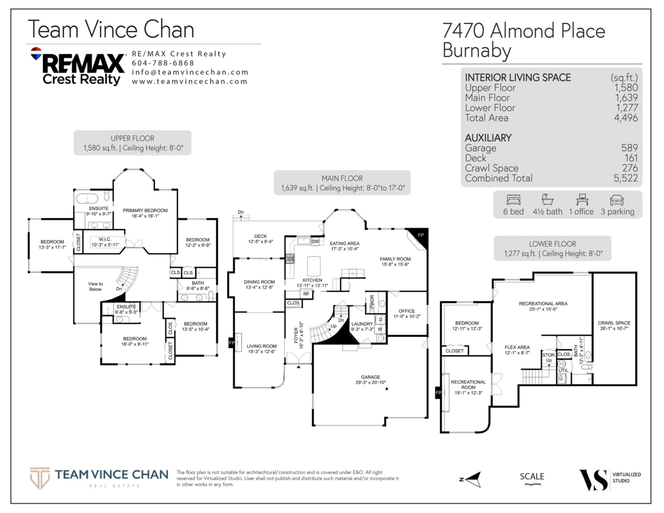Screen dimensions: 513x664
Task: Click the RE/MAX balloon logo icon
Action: pyautogui.click(x=36, y=54)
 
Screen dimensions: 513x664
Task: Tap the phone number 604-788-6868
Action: pyautogui.click(x=155, y=63)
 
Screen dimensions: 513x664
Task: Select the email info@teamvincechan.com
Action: pyautogui.click(x=190, y=72)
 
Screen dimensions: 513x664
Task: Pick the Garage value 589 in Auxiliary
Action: pyautogui.click(x=629, y=148)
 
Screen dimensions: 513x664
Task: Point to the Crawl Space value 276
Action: pyautogui.click(x=629, y=168)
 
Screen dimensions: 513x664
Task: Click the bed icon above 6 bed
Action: pyautogui.click(x=512, y=200)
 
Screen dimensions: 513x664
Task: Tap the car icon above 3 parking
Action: pyautogui.click(x=617, y=200)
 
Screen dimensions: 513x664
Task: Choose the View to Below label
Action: pyautogui.click(x=95, y=286)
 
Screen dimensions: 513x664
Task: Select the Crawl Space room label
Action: pyautogui.click(x=614, y=326)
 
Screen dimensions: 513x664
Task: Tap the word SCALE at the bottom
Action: pyautogui.click(x=532, y=476)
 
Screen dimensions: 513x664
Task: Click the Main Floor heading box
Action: pyautogui.click(x=343, y=183)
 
